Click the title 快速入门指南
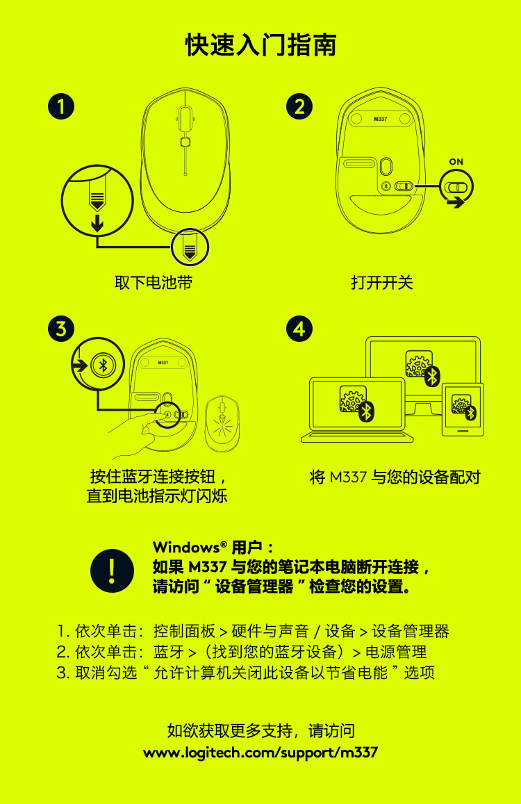pos(260,45)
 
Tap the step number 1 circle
pos(61,106)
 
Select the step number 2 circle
pos(299,106)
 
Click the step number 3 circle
pos(61,329)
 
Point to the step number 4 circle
pos(299,329)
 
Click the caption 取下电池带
pos(154,283)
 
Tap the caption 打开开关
pos(382,283)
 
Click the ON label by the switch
pos(456,161)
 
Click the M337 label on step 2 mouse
pos(381,119)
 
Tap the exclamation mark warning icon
pos(112,571)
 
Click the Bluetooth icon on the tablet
pos(471,412)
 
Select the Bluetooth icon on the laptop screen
pos(366,411)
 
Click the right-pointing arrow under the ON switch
pos(455,202)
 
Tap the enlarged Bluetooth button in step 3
pos(103,365)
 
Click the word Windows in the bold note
pos(187,547)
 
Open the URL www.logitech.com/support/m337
pos(260,753)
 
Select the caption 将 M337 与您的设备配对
pos(395,477)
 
